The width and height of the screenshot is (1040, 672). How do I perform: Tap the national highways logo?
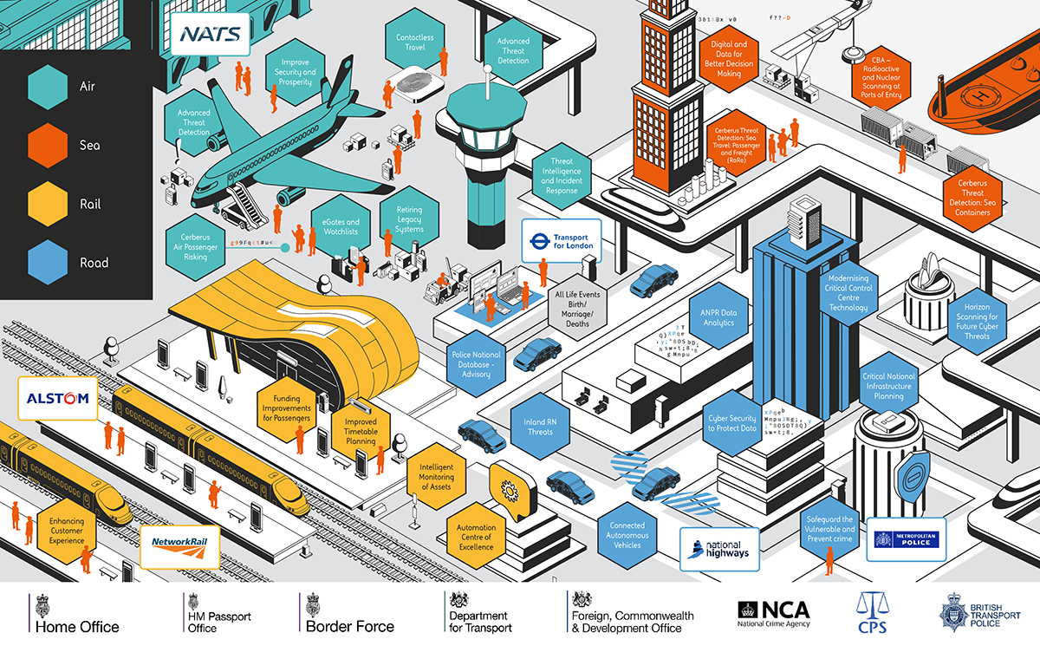click(718, 549)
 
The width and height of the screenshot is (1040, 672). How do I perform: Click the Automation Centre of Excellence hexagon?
click(476, 536)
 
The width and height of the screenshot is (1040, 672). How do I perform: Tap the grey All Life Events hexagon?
click(577, 309)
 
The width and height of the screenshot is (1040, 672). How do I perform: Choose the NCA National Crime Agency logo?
click(773, 613)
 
